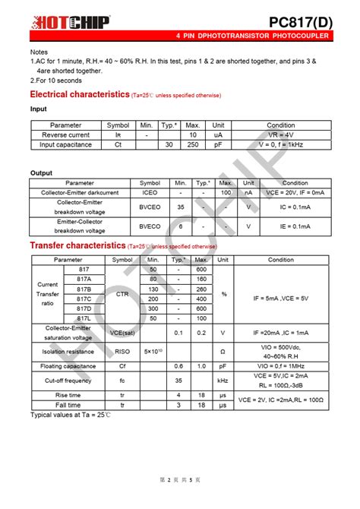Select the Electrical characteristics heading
(79, 94)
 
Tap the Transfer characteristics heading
(77, 245)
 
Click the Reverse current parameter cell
(65, 134)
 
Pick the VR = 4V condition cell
(281, 134)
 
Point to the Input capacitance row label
(65, 144)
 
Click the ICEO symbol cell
(150, 193)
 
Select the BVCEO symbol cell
(150, 207)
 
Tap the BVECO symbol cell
(150, 226)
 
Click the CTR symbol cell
(122, 294)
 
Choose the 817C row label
(84, 299)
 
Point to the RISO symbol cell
(122, 351)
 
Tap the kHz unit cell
(223, 380)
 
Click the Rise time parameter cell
(68, 395)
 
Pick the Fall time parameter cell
(68, 406)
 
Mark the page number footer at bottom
(180, 480)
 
